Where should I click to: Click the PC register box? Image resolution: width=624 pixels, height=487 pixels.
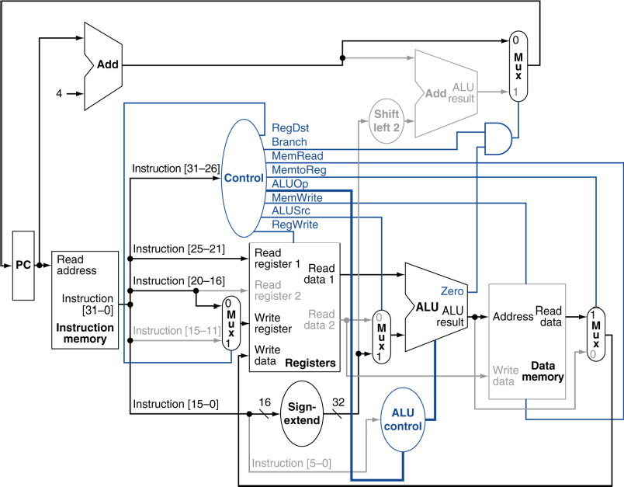click(x=23, y=265)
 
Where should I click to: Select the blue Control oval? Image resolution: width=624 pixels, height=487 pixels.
click(x=244, y=178)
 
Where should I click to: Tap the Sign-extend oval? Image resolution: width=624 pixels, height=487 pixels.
click(x=302, y=413)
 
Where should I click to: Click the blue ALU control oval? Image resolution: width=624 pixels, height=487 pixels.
click(x=403, y=419)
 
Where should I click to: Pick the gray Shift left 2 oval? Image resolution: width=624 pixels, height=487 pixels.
click(x=387, y=121)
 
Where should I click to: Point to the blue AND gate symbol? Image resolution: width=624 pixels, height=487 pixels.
click(x=498, y=138)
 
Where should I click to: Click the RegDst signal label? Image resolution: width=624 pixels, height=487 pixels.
click(x=290, y=128)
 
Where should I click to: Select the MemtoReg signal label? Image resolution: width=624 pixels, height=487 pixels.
click(x=299, y=170)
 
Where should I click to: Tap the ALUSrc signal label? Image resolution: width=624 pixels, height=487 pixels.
click(x=291, y=210)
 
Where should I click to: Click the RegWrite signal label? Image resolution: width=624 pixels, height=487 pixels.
click(x=295, y=224)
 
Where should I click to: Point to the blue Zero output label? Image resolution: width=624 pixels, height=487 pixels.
click(x=452, y=291)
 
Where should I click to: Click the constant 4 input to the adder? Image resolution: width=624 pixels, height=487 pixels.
click(x=59, y=93)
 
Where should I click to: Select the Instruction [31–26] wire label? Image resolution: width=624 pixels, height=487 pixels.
click(x=175, y=169)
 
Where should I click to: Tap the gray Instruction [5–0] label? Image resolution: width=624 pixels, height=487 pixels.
click(x=291, y=463)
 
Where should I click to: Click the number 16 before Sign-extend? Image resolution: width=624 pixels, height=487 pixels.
click(x=265, y=402)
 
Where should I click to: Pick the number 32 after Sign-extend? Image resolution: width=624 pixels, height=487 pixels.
click(x=338, y=402)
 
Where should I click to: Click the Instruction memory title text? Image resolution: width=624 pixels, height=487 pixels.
click(x=85, y=333)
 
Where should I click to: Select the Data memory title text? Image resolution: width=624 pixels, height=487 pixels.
click(x=543, y=371)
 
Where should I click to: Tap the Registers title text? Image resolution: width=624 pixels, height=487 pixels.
click(x=310, y=364)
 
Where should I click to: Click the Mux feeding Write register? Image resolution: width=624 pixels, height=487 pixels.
click(x=231, y=323)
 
